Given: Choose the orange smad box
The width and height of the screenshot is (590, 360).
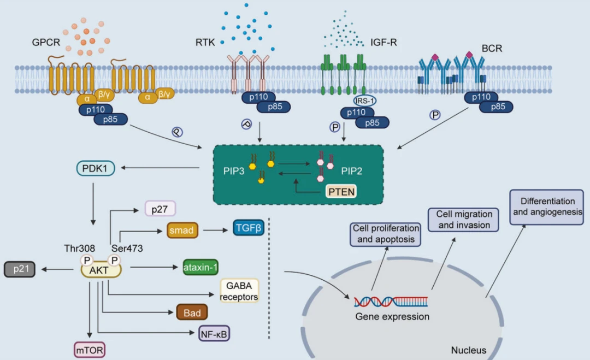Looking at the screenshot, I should click(x=182, y=231).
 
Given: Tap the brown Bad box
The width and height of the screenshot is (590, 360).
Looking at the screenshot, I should click(x=192, y=313).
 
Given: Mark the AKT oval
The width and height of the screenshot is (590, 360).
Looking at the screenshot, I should click(x=101, y=270).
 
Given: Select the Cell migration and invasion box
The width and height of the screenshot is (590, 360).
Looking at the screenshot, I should click(x=460, y=220).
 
